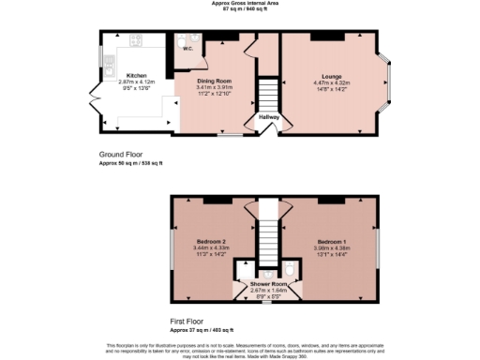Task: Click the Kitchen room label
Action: click(x=137, y=75)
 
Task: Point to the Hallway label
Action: click(x=270, y=117)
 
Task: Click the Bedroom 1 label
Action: click(x=333, y=241)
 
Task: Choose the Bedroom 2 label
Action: click(x=212, y=241)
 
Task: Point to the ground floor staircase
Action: click(x=269, y=95)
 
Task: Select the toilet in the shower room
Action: click(x=291, y=272)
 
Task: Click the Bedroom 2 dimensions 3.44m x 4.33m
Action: click(x=212, y=247)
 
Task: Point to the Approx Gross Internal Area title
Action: click(x=240, y=4)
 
